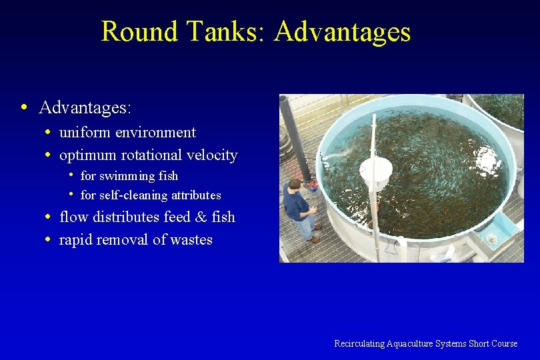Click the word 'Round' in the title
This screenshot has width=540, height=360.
[139, 31]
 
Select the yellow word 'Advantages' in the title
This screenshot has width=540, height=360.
[341, 31]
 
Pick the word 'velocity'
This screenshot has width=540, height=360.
[212, 155]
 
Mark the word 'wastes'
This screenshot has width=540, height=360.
[191, 239]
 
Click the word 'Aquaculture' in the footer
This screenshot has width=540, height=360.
[408, 343]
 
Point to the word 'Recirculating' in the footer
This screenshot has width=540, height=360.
[359, 343]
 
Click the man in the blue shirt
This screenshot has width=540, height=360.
[299, 207]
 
